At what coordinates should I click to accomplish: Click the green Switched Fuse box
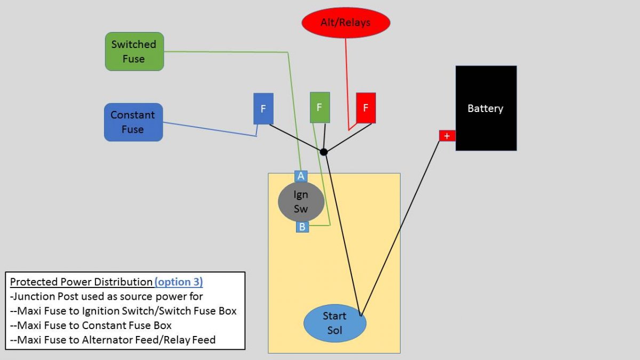134,52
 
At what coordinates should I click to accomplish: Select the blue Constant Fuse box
133,122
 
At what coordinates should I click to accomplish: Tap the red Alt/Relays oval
346,23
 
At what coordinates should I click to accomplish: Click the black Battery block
485,108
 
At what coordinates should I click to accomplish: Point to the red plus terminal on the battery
447,136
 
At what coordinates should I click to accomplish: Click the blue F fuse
263,109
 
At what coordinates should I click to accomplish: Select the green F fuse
319,108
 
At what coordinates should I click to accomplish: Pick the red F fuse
365,108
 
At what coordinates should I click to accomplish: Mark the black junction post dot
324,153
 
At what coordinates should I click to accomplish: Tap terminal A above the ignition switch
301,176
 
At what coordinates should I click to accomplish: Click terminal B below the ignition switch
302,227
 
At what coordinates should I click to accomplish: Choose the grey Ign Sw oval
301,202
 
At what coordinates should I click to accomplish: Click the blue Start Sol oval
334,323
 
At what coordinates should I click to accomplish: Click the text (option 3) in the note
179,282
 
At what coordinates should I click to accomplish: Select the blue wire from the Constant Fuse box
208,129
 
